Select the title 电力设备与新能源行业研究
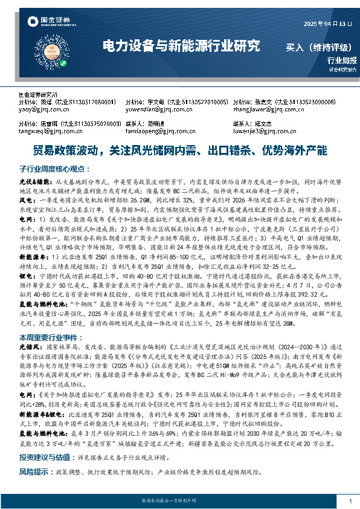pyautogui.click(x=182, y=46)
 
